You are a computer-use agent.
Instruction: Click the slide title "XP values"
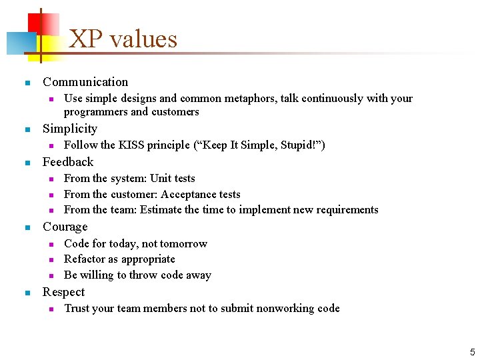coord(123,39)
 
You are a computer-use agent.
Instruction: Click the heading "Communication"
coord(85,82)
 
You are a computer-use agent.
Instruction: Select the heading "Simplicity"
coord(70,129)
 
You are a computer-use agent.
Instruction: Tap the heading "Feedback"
coord(68,162)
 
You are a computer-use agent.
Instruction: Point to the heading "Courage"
coord(65,227)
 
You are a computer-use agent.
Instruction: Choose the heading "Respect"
coord(64,292)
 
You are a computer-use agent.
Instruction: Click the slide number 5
coord(472,351)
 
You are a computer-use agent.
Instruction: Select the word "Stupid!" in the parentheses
coord(302,145)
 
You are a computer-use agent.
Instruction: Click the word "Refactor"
coord(85,259)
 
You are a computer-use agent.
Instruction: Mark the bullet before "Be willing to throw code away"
coord(50,275)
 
